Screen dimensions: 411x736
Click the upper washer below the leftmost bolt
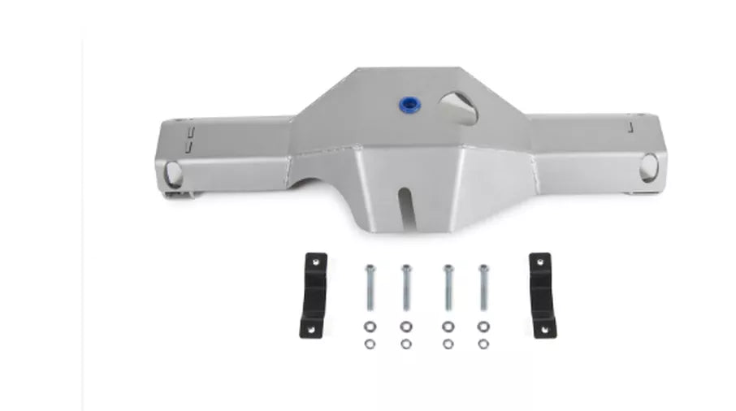(369, 327)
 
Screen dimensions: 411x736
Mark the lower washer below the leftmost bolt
(369, 344)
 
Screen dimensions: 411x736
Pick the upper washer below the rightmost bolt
(483, 327)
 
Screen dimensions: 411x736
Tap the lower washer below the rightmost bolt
(483, 344)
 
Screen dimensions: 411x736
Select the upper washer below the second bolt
(405, 327)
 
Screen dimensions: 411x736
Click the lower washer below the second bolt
(405, 344)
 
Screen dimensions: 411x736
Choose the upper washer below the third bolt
(446, 327)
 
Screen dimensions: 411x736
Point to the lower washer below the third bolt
(446, 344)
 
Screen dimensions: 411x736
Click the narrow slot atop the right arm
(630, 125)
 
